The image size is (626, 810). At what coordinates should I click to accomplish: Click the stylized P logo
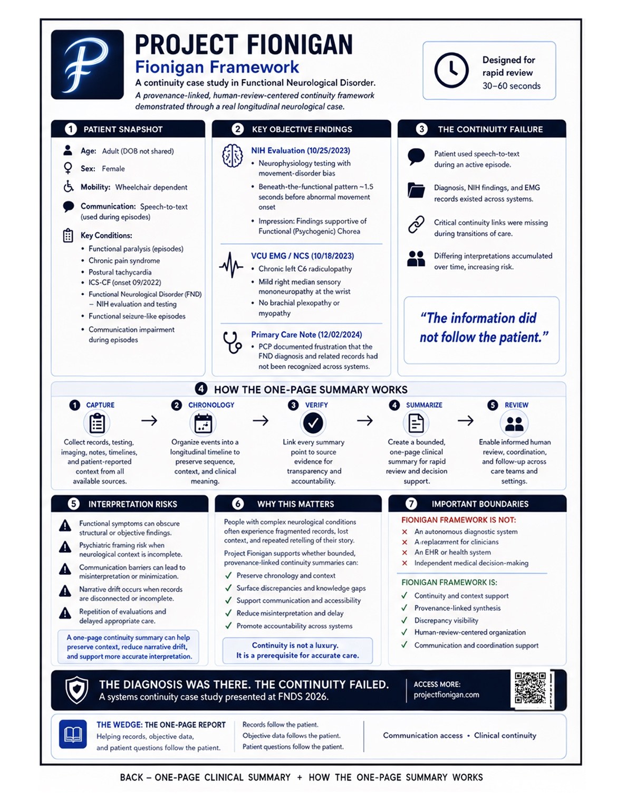click(87, 64)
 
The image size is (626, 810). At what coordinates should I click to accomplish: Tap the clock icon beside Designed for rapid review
click(451, 70)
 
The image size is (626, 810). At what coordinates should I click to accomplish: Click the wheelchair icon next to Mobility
click(68, 186)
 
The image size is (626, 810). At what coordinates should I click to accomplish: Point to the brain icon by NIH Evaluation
click(232, 156)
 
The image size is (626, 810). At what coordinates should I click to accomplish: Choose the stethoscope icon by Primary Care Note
click(232, 342)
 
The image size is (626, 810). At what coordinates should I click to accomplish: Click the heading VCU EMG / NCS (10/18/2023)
click(302, 256)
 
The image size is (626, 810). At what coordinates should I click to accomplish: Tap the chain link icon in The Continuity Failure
click(416, 225)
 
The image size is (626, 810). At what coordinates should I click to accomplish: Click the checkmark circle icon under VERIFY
click(313, 423)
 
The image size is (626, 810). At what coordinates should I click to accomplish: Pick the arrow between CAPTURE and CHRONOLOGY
click(149, 421)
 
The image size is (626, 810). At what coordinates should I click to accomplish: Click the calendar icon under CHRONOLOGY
click(203, 423)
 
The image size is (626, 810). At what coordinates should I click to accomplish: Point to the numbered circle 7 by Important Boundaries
click(411, 504)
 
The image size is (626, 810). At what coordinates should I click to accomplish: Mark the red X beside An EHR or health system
click(405, 553)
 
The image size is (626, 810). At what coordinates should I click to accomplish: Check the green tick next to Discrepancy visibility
click(405, 620)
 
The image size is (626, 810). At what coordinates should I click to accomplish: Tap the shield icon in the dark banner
click(77, 690)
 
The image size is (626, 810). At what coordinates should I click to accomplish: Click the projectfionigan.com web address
click(446, 695)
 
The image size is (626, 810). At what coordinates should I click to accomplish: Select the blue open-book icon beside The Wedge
click(73, 735)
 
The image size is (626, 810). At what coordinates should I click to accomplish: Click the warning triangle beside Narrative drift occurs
click(65, 591)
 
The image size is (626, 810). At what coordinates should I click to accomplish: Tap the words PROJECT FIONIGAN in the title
click(244, 45)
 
